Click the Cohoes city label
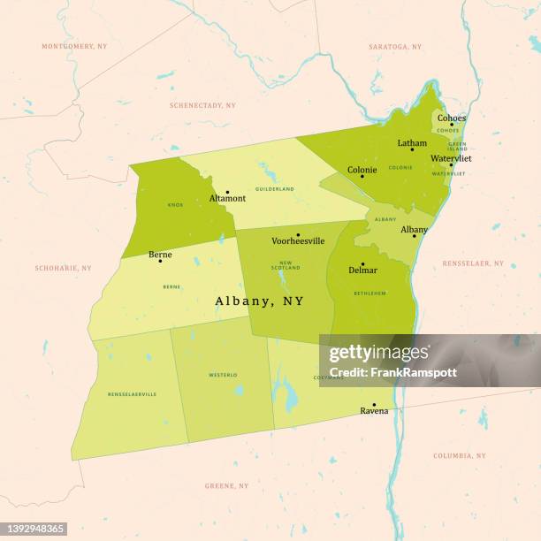tap(451, 118)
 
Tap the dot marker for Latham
tap(411, 149)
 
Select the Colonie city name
tap(362, 170)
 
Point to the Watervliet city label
tap(451, 158)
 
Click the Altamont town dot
tap(227, 192)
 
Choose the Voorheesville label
tap(298, 240)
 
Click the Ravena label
tap(374, 411)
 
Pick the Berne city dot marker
tap(160, 261)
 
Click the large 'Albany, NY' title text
tap(259, 301)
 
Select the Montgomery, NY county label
tap(73, 46)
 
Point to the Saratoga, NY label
tap(394, 46)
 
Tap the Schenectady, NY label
tap(202, 105)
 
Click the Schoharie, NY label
tap(63, 268)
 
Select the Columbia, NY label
tap(459, 455)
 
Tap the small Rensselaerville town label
tap(132, 393)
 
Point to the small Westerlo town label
tap(223, 375)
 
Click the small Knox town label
tap(175, 204)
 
